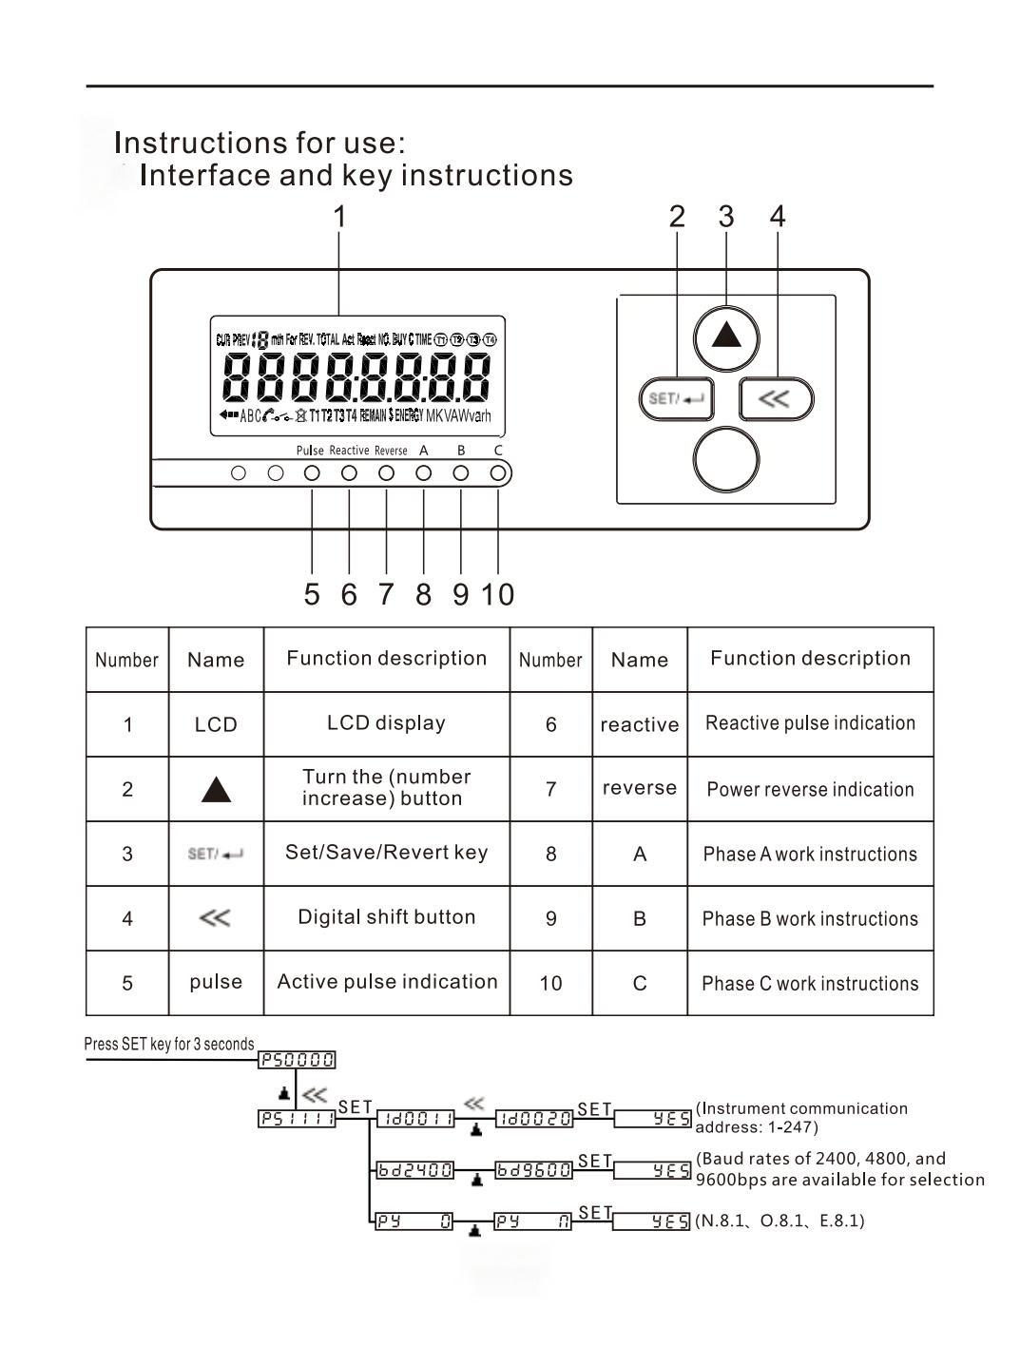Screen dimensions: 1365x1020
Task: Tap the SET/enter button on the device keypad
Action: (676, 398)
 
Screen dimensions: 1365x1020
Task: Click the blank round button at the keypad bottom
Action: (726, 459)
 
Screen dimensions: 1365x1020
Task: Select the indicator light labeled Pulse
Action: (312, 472)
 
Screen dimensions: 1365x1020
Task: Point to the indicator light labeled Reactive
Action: (349, 472)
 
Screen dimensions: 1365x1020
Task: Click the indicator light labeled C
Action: (498, 472)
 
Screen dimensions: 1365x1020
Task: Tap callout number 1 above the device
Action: (339, 217)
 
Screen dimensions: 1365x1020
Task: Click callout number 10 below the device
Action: (497, 595)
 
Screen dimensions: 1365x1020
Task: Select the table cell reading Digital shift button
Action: (386, 917)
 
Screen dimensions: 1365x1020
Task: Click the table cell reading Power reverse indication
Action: (810, 789)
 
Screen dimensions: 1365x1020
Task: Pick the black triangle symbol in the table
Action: (217, 790)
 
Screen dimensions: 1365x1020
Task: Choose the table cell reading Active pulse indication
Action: (387, 982)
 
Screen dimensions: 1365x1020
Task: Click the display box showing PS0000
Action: (298, 1060)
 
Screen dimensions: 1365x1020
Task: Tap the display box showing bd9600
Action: (534, 1170)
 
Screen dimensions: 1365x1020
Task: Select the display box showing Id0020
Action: (534, 1119)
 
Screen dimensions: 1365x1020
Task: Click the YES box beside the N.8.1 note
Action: (652, 1221)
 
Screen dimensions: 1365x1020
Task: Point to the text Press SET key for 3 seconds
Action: (169, 1044)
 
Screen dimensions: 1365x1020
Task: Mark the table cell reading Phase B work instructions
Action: (810, 919)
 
